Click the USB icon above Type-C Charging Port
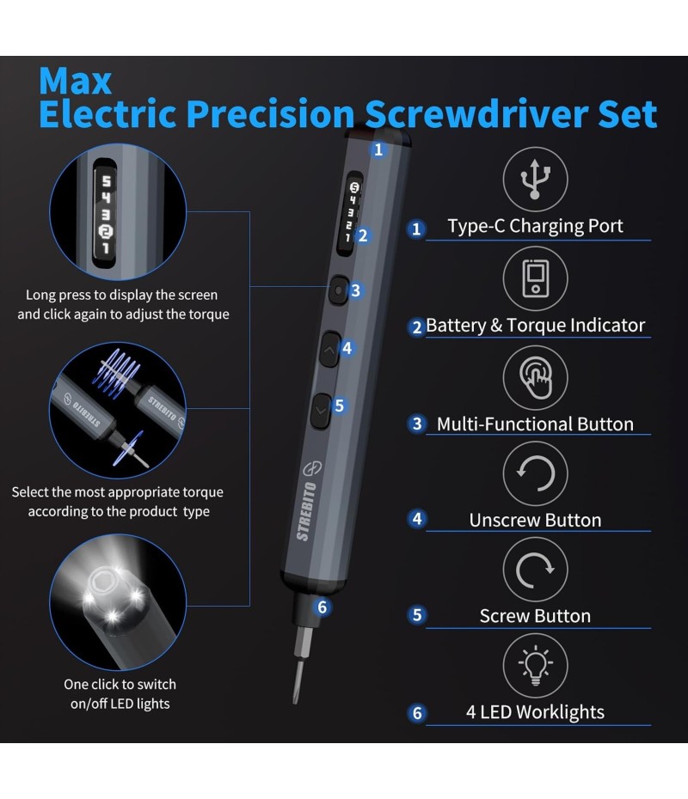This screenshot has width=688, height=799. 534,179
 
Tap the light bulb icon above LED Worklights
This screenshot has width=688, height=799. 535,665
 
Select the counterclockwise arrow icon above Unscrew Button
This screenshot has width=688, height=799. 535,473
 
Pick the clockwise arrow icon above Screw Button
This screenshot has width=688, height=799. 535,570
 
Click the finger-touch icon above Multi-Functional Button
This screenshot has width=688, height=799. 536,377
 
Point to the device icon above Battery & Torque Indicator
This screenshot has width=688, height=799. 536,278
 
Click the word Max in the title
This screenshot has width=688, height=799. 75,81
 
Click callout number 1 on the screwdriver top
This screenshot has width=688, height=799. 378,149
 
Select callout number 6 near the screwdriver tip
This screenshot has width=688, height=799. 322,607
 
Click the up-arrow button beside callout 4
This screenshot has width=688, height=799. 329,350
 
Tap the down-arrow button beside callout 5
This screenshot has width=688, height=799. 320,411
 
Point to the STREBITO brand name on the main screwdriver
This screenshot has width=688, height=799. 306,511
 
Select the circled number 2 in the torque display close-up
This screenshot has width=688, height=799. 106,232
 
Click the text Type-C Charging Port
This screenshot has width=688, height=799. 536,226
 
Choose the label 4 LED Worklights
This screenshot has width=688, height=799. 535,712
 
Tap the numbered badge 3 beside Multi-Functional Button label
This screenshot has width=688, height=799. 417,424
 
